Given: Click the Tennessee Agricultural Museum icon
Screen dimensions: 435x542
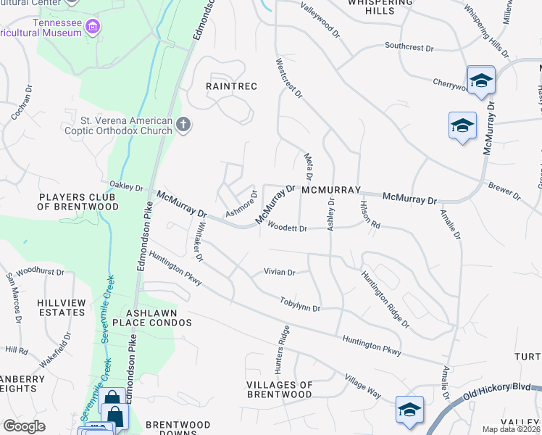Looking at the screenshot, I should click(92, 28).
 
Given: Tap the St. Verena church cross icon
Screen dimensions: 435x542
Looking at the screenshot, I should click(183, 125).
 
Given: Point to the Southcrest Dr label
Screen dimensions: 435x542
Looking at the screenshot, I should click(409, 48).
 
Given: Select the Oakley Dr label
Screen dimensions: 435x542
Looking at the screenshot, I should click(126, 187).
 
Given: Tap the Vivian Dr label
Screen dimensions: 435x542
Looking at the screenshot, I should click(280, 273).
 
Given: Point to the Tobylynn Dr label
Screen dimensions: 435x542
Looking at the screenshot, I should click(300, 304).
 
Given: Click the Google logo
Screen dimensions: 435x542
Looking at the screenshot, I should click(25, 426).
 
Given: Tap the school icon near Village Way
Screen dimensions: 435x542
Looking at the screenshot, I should click(409, 408).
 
